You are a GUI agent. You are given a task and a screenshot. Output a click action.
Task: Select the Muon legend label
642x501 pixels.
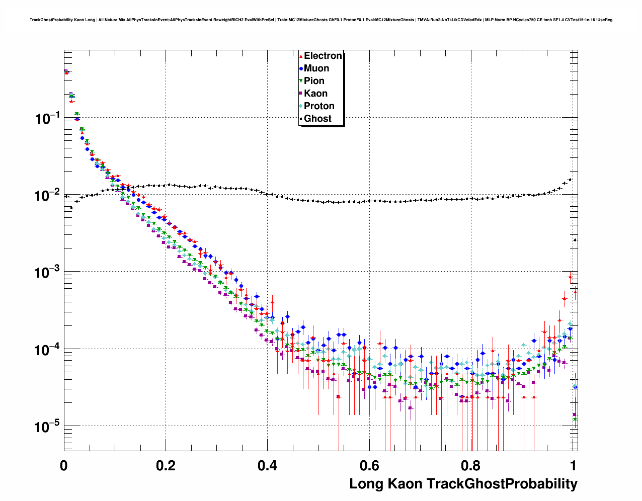coord(316,68)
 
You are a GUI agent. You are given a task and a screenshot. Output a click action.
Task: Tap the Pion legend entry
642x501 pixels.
coord(314,81)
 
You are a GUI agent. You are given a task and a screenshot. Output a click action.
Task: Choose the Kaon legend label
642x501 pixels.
coord(315,94)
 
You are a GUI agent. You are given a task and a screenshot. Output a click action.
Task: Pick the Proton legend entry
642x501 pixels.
coord(319,106)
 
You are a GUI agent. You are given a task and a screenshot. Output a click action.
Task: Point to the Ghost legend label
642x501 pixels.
coord(317,119)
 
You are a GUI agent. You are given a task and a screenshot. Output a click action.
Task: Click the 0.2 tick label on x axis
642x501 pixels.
coord(166,465)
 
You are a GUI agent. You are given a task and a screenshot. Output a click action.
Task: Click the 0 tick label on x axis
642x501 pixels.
coord(64,465)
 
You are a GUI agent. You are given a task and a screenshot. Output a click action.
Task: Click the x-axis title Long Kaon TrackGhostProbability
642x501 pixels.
coord(463,484)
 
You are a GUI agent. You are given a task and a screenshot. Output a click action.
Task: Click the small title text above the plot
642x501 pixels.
coord(321,20)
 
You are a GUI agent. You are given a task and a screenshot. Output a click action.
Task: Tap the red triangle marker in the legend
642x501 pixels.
coord(301,56)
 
